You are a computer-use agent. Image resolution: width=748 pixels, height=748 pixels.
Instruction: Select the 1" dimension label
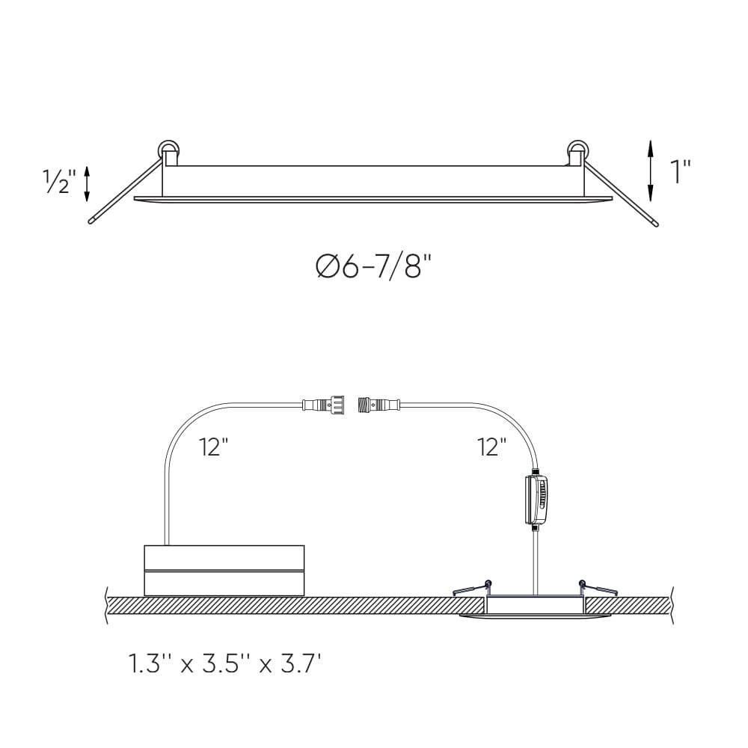point(680,171)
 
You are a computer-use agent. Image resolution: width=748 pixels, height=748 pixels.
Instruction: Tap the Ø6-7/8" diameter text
point(375,266)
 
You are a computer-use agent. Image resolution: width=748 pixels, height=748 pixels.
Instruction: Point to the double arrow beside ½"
point(88,183)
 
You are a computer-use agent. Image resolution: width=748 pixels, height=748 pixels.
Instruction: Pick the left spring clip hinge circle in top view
point(168,150)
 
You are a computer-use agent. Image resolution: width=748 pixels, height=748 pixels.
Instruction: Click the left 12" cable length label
point(214,447)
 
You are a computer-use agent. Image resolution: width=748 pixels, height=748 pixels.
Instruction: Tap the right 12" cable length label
point(492,447)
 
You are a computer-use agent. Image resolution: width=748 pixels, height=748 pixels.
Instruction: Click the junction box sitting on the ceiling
point(224,570)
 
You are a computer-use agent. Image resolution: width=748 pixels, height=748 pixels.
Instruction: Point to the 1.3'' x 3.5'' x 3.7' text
point(225,663)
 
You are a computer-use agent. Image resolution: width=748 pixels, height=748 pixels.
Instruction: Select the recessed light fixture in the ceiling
point(534,607)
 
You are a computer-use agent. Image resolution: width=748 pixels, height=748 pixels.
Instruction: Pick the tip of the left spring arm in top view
point(91,222)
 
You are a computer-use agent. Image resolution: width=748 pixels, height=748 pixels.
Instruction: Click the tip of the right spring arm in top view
point(656,223)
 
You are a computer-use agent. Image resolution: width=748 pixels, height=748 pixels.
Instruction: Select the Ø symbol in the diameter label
point(327,266)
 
